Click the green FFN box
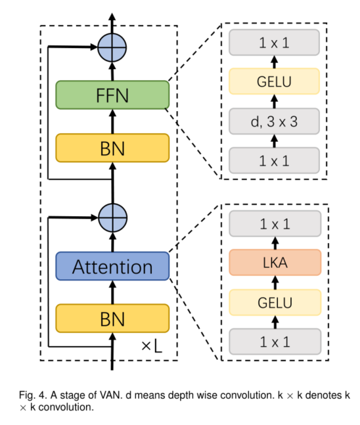tap(112, 95)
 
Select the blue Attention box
tap(112, 266)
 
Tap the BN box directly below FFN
tap(112, 148)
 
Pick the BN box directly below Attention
tap(112, 318)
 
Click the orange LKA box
tap(275, 262)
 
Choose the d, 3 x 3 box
tap(275, 121)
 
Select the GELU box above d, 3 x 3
tap(275, 81)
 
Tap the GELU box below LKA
tap(275, 302)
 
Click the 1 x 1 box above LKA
tap(275, 223)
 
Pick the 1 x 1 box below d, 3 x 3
tap(275, 160)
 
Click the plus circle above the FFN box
tap(112, 47)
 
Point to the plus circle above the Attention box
tap(112, 217)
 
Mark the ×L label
tap(152, 346)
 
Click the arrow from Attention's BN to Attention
tap(113, 292)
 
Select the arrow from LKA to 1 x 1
tap(275, 243)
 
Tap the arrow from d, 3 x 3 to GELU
tap(275, 101)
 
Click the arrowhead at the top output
tap(112, 16)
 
